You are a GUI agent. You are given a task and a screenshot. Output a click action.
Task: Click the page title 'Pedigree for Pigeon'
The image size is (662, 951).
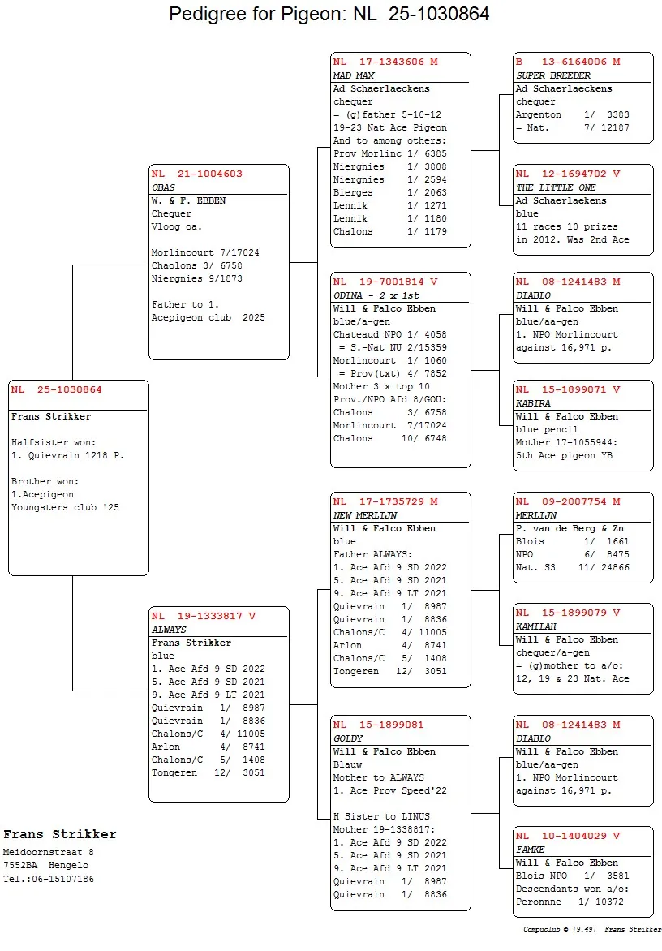coord(329,14)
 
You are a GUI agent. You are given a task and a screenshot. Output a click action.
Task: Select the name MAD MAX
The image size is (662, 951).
coord(353,75)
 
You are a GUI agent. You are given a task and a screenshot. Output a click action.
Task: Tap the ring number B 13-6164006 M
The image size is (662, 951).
coord(568,62)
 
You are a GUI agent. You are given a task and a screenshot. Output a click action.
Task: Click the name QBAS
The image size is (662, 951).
coord(163,187)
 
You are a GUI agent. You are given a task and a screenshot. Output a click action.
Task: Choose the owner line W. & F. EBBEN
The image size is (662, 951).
coord(188,200)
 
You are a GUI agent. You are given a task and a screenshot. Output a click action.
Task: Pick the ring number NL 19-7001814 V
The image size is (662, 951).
coord(385,282)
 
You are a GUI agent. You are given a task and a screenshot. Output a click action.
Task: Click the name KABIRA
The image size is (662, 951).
coord(533,403)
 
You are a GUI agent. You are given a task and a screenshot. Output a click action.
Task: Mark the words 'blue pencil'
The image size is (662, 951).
coord(547,429)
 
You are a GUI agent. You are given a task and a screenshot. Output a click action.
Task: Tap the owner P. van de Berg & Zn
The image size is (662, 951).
coord(570,528)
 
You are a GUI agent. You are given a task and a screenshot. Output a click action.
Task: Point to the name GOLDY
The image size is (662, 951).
coord(348,738)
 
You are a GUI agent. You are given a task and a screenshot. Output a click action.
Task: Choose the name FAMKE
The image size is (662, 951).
coord(531,850)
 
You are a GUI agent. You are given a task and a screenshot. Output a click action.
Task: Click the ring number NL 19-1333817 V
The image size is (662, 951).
coord(204,616)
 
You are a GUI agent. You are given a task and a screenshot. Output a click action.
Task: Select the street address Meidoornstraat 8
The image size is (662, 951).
coord(49,852)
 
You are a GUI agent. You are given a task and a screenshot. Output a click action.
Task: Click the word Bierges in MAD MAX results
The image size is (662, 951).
coord(353,192)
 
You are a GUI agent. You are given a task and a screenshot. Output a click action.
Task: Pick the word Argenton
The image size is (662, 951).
coord(539,114)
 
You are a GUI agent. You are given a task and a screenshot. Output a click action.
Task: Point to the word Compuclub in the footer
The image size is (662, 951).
coord(540,929)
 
